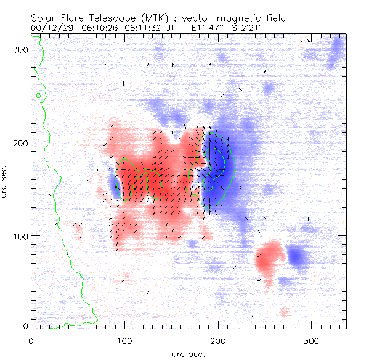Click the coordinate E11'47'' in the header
[208, 28]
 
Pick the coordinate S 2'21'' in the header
[253, 28]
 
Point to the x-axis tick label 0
[31, 341]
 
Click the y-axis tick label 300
[21, 49]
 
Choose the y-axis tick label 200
[21, 142]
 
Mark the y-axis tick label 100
[21, 236]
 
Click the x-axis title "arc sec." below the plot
[188, 354]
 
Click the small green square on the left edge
[38, 95]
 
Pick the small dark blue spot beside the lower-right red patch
[297, 256]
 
